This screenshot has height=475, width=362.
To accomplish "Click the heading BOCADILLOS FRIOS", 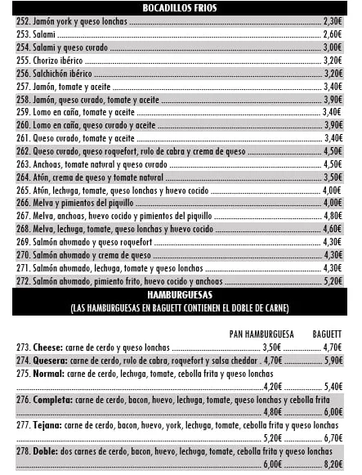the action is click(x=180, y=7).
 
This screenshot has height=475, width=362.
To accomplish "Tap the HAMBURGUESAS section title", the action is click(x=180, y=293).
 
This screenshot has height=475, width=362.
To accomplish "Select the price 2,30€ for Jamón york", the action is click(x=332, y=21).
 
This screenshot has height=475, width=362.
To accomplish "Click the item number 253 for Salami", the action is click(x=23, y=34).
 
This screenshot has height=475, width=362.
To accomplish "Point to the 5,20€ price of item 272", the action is click(x=332, y=280).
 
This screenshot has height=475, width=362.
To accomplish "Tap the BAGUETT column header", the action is click(x=327, y=334).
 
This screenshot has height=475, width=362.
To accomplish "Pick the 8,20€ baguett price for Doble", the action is click(x=333, y=463).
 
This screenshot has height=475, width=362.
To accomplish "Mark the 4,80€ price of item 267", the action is click(x=332, y=216).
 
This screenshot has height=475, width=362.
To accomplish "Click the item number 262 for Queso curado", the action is click(x=23, y=150).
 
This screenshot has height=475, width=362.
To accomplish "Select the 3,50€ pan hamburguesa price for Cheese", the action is click(x=272, y=347).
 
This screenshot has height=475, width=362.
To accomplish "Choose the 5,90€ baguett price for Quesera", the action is click(x=333, y=360).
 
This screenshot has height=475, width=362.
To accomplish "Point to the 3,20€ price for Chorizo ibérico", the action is click(x=332, y=60).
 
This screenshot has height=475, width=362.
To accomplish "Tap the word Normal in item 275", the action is click(x=49, y=374).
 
